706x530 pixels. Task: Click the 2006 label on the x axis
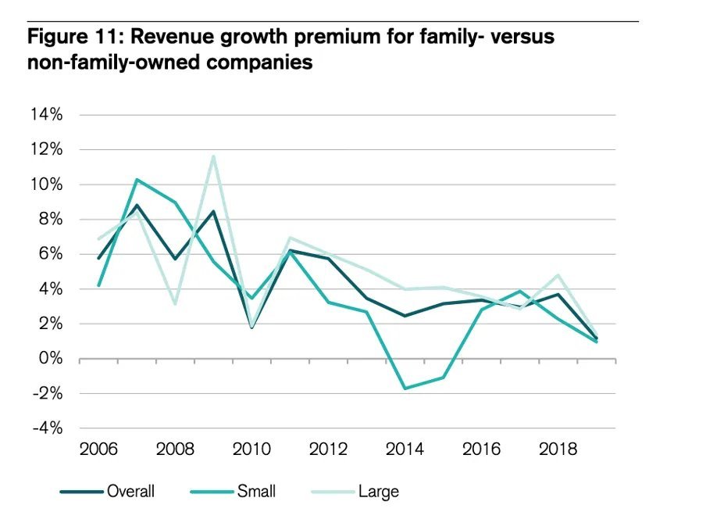pos(98,449)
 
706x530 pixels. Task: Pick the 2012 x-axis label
pos(328,449)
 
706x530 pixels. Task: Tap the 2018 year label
pos(558,449)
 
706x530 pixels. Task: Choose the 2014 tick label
pos(405,449)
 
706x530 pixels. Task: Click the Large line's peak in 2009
pos(213,156)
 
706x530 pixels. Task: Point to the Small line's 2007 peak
pos(137,180)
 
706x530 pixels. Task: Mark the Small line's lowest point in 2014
pos(405,389)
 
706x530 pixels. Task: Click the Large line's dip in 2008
pos(175,303)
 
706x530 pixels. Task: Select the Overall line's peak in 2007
pos(137,206)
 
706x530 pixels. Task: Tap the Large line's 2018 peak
pos(558,275)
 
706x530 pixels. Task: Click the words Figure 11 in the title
pos(73,38)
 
